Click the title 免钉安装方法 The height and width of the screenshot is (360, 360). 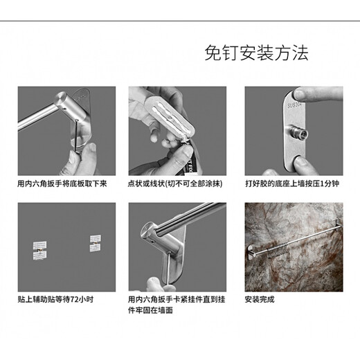(x=257, y=53)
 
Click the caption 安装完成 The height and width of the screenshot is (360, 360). (x=260, y=299)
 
